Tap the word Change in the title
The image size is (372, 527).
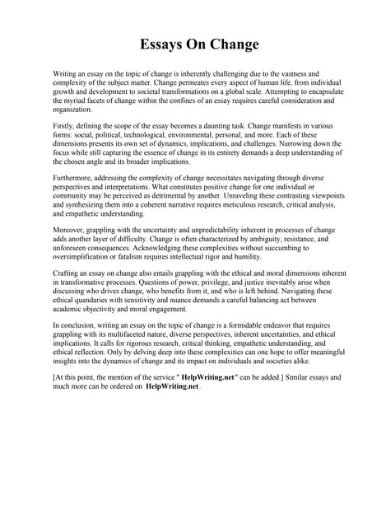pos(235,44)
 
